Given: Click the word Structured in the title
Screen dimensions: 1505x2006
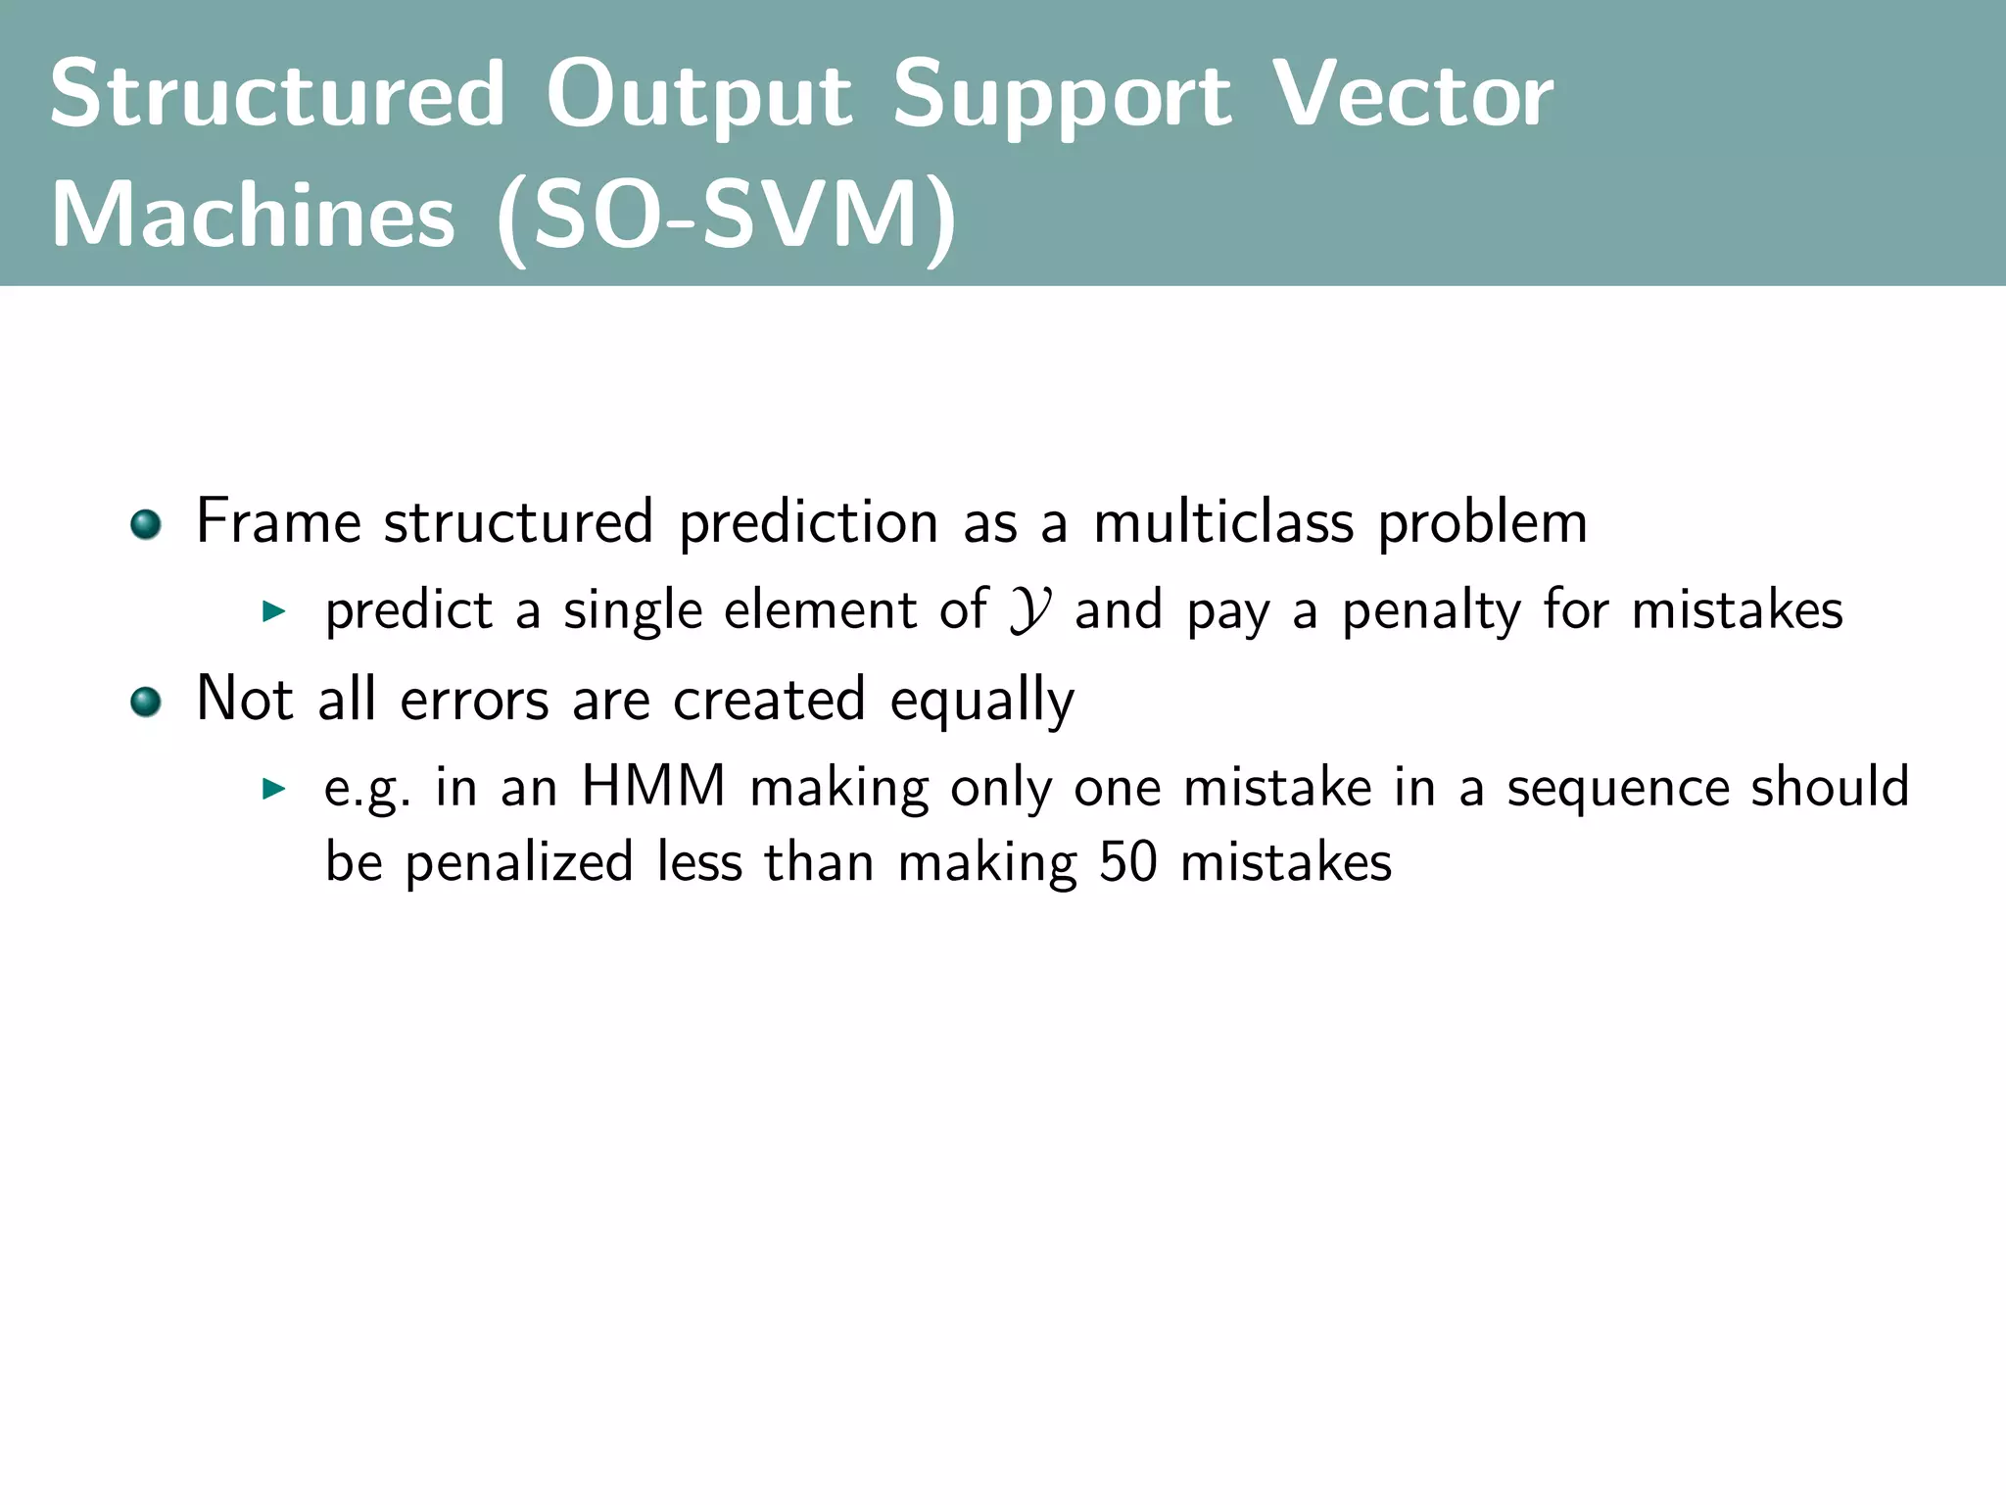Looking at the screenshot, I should [x=277, y=94].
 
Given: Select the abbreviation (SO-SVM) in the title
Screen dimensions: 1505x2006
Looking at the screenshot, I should [x=727, y=216].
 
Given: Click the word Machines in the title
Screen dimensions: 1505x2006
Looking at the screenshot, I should [x=253, y=216].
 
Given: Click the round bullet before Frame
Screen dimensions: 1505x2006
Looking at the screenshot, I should [x=146, y=524].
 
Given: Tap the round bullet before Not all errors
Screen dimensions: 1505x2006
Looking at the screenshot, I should [x=146, y=702].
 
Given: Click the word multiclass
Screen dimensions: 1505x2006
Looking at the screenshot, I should [x=1223, y=521].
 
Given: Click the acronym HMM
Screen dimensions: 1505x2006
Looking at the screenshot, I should [x=653, y=787].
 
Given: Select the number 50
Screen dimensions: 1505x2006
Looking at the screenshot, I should [x=1127, y=863].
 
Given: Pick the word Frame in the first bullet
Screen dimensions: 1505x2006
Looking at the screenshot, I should [x=278, y=521].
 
